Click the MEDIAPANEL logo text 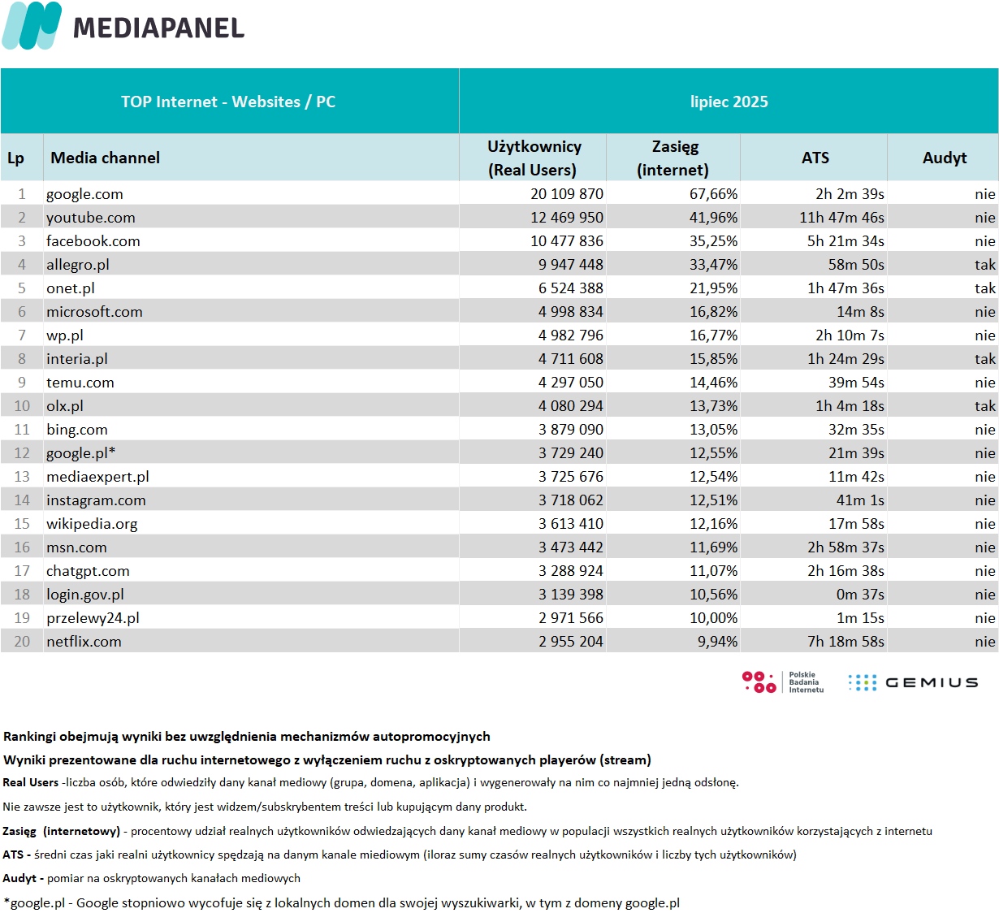[x=158, y=28]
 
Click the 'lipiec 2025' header [x=729, y=102]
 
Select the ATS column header [x=815, y=158]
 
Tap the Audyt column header [x=944, y=158]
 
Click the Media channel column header [x=105, y=158]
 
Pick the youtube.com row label [x=90, y=218]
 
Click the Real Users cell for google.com [x=567, y=194]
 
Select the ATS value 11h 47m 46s [x=841, y=218]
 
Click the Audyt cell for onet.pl [x=984, y=288]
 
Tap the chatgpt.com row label [x=88, y=571]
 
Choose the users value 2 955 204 [x=571, y=642]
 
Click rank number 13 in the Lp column [x=22, y=477]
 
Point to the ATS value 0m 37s [x=860, y=595]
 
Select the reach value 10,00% [x=713, y=618]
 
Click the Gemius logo [x=913, y=682]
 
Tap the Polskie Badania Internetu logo [x=783, y=682]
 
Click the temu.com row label [x=80, y=383]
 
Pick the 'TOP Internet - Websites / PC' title [x=228, y=102]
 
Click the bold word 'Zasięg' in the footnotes [x=19, y=831]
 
